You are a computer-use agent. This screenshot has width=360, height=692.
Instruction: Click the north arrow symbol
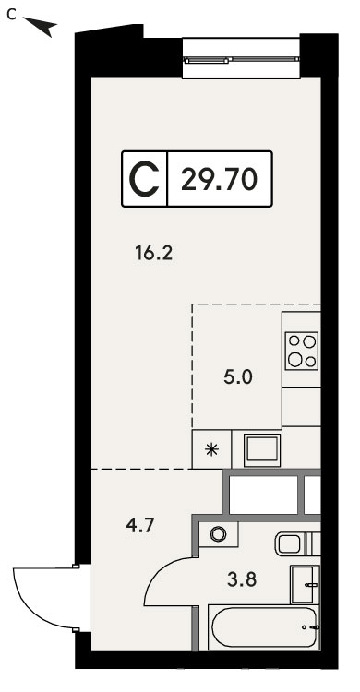42,27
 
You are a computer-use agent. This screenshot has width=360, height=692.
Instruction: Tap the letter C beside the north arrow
11,16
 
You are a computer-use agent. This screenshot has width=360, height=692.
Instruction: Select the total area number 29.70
219,180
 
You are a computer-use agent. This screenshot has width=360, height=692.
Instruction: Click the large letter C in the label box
144,179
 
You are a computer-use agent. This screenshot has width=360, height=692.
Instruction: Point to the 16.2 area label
153,254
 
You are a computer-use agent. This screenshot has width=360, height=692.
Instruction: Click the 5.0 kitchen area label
237,377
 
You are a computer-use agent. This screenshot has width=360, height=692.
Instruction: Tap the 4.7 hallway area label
138,526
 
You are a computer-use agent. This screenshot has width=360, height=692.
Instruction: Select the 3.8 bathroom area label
242,579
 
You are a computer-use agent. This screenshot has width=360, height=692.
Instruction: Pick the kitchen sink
262,449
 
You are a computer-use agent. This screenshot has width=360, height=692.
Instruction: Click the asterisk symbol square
212,449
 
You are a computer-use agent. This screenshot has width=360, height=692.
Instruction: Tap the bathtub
264,627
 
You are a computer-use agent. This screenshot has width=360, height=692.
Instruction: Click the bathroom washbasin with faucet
305,584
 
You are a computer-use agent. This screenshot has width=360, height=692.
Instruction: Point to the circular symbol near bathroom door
218,534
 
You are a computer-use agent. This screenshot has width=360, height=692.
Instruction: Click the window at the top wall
241,60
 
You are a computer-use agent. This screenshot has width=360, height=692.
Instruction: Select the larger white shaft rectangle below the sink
263,495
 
